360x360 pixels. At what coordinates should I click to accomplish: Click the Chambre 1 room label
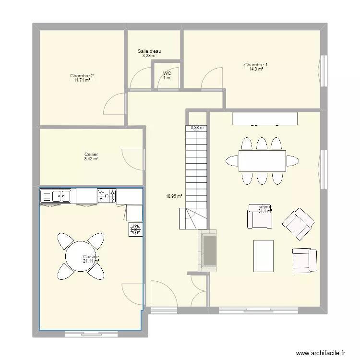[256, 65]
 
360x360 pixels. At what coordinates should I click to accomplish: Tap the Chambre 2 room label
[82, 76]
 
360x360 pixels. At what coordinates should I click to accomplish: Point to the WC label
[167, 73]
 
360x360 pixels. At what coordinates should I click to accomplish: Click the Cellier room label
[91, 155]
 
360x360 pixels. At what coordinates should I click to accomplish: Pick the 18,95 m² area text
[173, 196]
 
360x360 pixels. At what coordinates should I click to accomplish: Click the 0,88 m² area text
[197, 128]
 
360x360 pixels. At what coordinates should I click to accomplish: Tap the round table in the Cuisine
[81, 255]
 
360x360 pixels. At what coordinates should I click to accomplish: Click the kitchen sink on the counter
[60, 195]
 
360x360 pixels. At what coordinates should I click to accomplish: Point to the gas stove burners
[107, 195]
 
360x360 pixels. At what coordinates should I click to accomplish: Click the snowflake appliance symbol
[135, 229]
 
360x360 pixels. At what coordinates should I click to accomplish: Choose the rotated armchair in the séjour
[299, 224]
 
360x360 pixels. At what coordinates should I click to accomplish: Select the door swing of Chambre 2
[114, 103]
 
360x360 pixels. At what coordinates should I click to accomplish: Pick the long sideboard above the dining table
[265, 119]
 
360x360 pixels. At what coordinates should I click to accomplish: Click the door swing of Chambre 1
[212, 78]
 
